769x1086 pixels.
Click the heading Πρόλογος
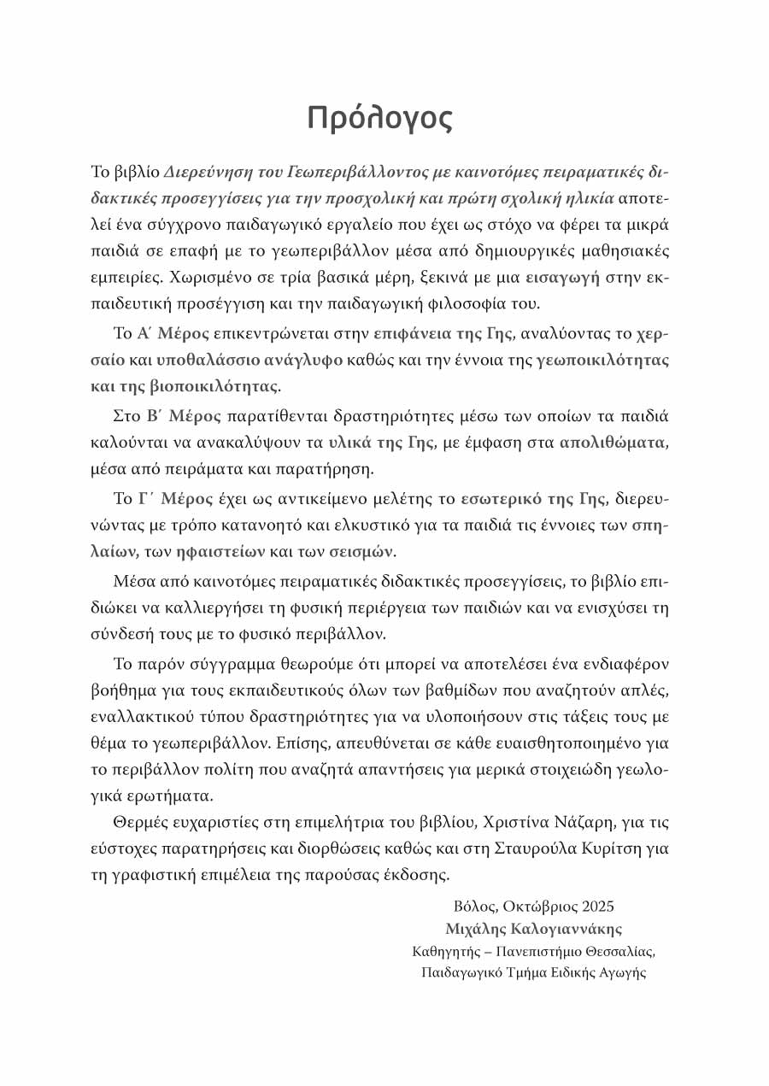tap(379, 119)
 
